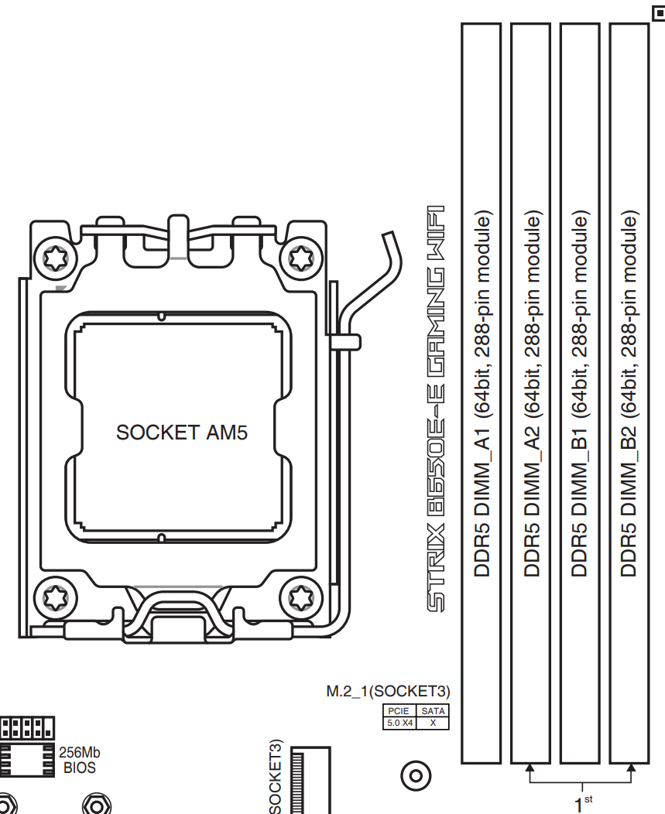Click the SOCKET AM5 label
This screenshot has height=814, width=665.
click(x=182, y=433)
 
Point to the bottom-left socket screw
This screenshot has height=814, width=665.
click(x=56, y=597)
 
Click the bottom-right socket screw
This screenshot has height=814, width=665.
click(x=301, y=597)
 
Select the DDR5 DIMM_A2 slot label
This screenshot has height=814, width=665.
click(x=532, y=394)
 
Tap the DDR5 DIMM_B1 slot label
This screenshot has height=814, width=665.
click(x=579, y=394)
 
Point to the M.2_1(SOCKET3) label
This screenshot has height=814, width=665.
click(x=388, y=692)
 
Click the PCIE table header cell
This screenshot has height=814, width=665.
click(x=399, y=710)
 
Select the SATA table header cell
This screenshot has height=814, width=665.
click(x=433, y=710)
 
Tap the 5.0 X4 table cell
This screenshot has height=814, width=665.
click(x=399, y=723)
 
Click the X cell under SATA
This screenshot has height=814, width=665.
click(x=433, y=723)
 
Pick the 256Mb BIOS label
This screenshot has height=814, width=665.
click(x=80, y=760)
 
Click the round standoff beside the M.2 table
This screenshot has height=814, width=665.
click(x=416, y=776)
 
